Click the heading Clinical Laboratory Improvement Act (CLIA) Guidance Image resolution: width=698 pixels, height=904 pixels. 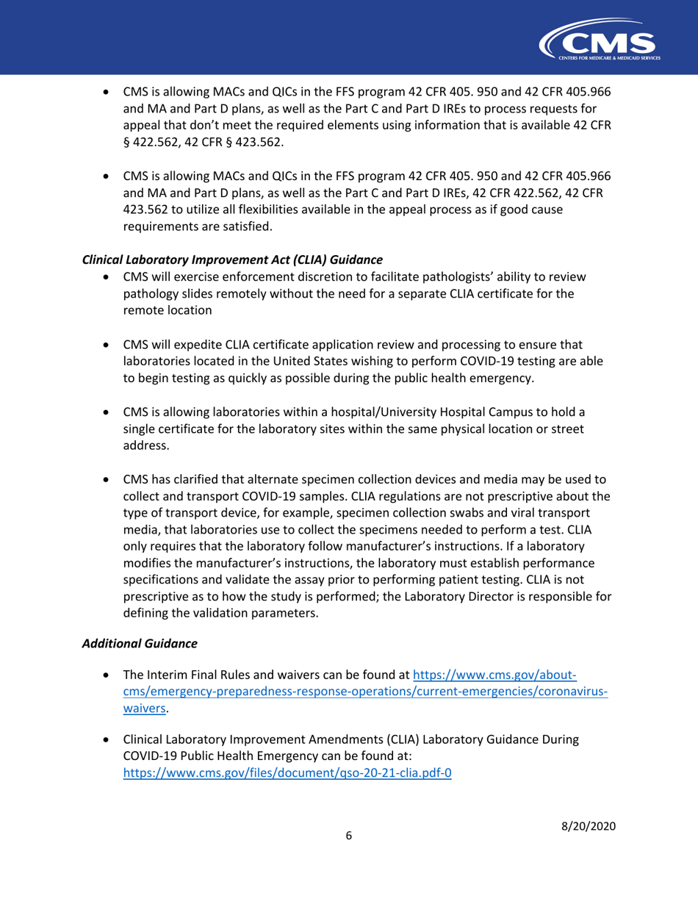(233, 259)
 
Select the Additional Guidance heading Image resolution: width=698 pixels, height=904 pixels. (140, 643)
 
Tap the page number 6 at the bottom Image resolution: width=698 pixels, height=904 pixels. (349, 836)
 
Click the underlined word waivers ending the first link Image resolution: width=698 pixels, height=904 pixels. (144, 709)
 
